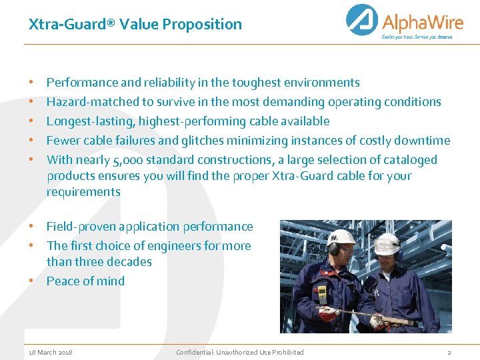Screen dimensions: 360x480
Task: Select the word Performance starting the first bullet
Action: click(x=82, y=83)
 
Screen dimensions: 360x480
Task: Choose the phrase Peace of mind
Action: click(x=85, y=281)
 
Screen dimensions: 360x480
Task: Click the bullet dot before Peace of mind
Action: click(x=31, y=281)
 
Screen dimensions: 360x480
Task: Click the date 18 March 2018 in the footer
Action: click(x=51, y=352)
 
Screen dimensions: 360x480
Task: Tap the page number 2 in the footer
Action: click(x=449, y=352)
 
